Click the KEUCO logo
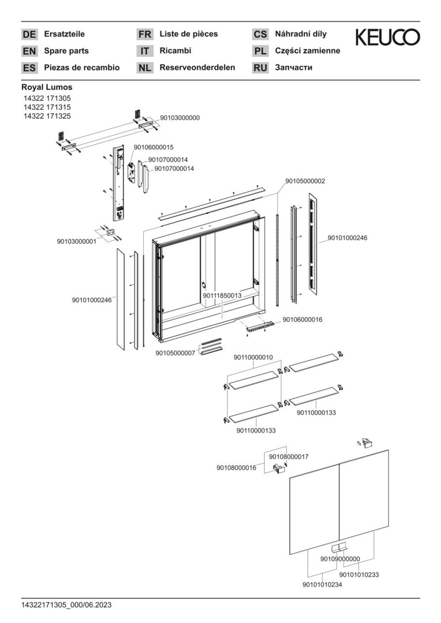(387, 37)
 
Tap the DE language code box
(29, 35)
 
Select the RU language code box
(260, 68)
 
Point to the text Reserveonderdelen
(197, 67)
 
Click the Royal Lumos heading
(47, 87)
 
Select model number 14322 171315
(47, 107)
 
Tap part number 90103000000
(180, 118)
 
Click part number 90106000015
(154, 147)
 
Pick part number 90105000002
(305, 181)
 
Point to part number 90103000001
(76, 241)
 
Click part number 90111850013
(222, 295)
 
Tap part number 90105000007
(175, 352)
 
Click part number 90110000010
(253, 358)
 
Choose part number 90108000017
(289, 456)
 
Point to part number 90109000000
(340, 558)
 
